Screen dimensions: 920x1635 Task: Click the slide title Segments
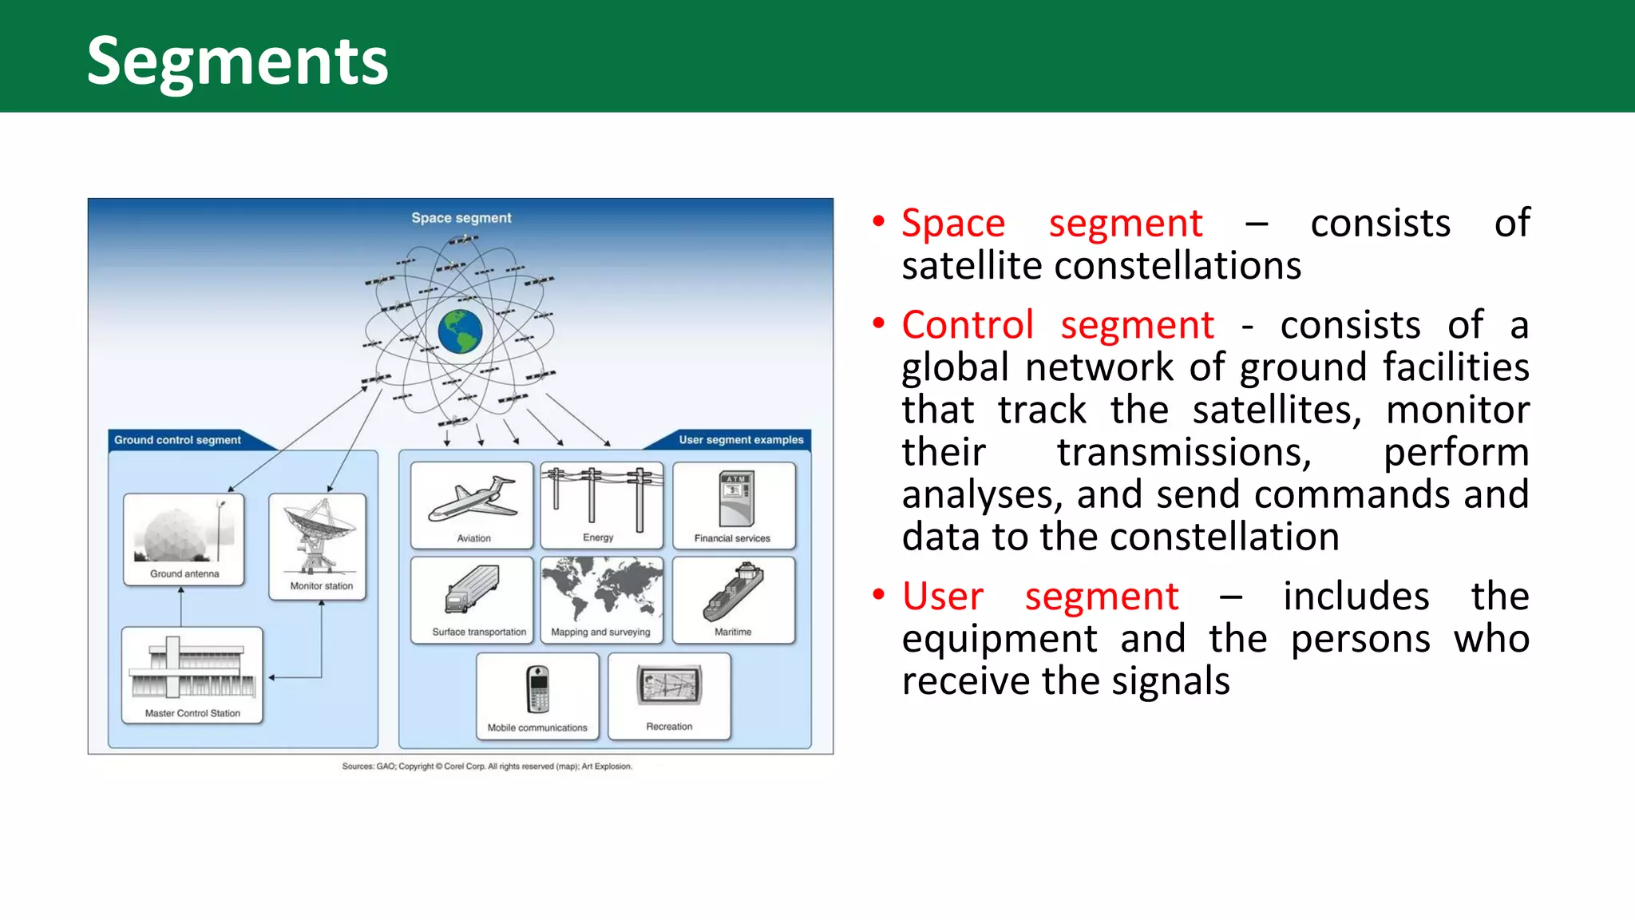click(237, 61)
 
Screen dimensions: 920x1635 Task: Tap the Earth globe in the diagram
click(461, 331)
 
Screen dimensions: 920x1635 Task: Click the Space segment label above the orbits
click(461, 218)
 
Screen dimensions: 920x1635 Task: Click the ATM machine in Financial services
click(735, 498)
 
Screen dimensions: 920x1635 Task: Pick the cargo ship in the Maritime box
click(733, 592)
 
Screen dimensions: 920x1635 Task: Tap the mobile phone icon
click(538, 689)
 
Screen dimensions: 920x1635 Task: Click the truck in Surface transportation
click(472, 589)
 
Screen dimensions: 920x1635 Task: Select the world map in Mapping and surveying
click(601, 589)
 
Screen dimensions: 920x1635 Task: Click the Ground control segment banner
click(177, 440)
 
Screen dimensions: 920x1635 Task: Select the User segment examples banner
click(741, 440)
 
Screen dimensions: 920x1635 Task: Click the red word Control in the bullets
click(967, 326)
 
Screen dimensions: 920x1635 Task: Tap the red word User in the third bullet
click(942, 597)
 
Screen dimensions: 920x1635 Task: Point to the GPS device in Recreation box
click(669, 685)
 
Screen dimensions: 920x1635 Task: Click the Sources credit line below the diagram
click(487, 767)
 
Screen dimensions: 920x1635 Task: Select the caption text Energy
click(598, 537)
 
